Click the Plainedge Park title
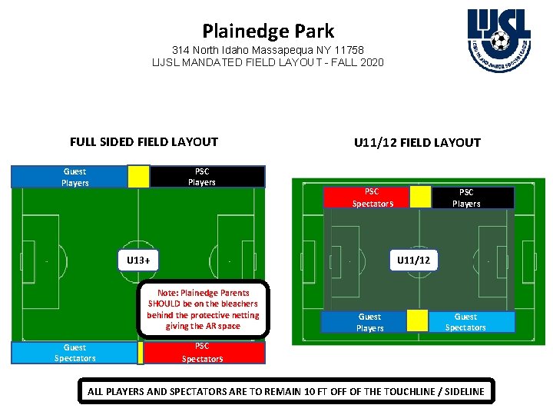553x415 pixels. coord(268,32)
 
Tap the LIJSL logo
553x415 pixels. coord(498,38)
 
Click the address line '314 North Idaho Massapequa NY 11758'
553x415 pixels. coord(268,50)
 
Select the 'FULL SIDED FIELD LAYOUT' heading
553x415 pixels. coord(144,141)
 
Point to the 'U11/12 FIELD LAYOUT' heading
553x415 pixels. coord(417,142)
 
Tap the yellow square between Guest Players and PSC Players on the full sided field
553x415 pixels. coord(139,177)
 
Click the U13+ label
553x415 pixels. coord(138,260)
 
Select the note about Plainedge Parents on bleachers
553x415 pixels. coord(204,309)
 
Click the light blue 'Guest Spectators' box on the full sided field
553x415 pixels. coord(75,353)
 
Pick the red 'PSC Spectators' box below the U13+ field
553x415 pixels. coord(203,352)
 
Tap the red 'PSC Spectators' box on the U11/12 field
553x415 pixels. coord(373,198)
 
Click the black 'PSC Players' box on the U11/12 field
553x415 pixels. coord(466,198)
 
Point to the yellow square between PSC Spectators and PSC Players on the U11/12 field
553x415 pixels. coord(420,197)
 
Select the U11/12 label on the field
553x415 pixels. coord(413,261)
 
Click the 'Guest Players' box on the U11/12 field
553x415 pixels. coord(369,322)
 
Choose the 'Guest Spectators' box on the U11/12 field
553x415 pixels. coord(465,322)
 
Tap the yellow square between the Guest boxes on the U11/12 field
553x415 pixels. coord(417,320)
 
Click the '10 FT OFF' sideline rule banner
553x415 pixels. coord(286,391)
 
